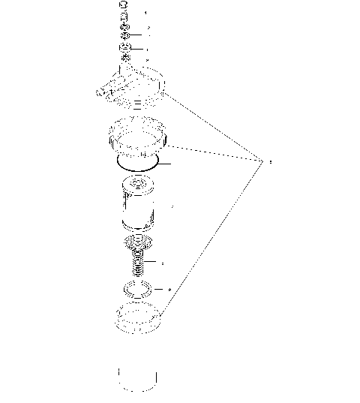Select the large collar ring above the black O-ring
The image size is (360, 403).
[x=136, y=138]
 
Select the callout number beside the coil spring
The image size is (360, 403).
[x=163, y=263]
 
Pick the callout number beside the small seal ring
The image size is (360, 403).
[x=170, y=290]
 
